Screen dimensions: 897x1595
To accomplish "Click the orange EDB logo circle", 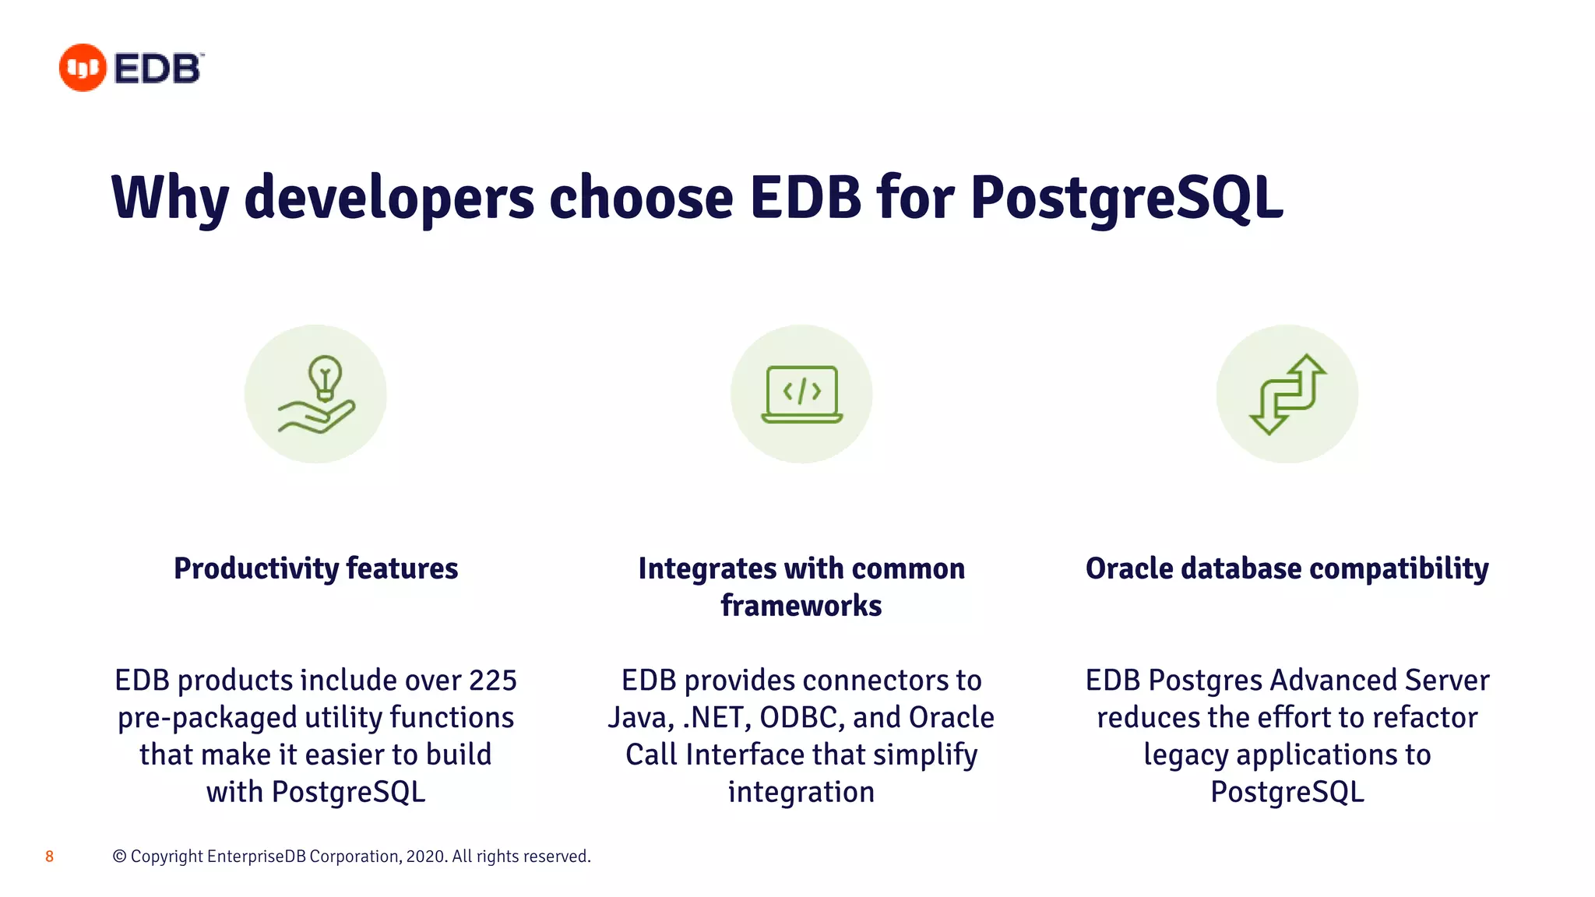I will click(83, 68).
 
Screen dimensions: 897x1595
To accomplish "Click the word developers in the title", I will click(389, 198).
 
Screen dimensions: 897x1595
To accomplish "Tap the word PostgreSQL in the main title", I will click(1126, 198).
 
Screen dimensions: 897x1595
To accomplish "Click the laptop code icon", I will click(801, 394).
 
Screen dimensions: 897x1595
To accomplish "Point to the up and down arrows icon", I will click(1287, 394).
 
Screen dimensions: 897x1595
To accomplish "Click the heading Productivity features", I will click(315, 568).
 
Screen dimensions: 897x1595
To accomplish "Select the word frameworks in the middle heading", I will click(801, 606).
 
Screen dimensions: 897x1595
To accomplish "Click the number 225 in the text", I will click(492, 681).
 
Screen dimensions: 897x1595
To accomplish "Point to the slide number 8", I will click(49, 857).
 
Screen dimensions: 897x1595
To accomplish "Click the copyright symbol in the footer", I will click(119, 857).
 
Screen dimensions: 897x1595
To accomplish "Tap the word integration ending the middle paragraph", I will click(801, 793).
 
